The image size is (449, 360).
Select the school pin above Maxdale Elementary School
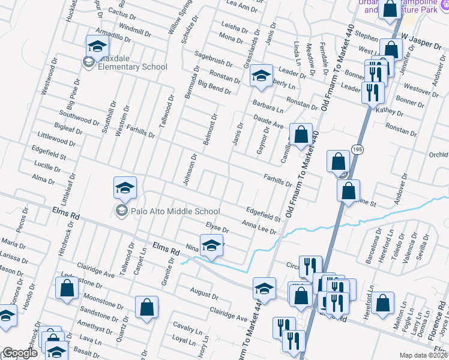pos(97,46)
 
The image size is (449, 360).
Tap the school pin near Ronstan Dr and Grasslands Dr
pos(261,76)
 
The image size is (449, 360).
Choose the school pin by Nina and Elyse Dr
pos(211,246)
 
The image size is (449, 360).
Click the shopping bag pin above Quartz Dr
pos(146,308)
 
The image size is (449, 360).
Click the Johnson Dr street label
pos(190,170)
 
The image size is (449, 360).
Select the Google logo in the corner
pos(20,353)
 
